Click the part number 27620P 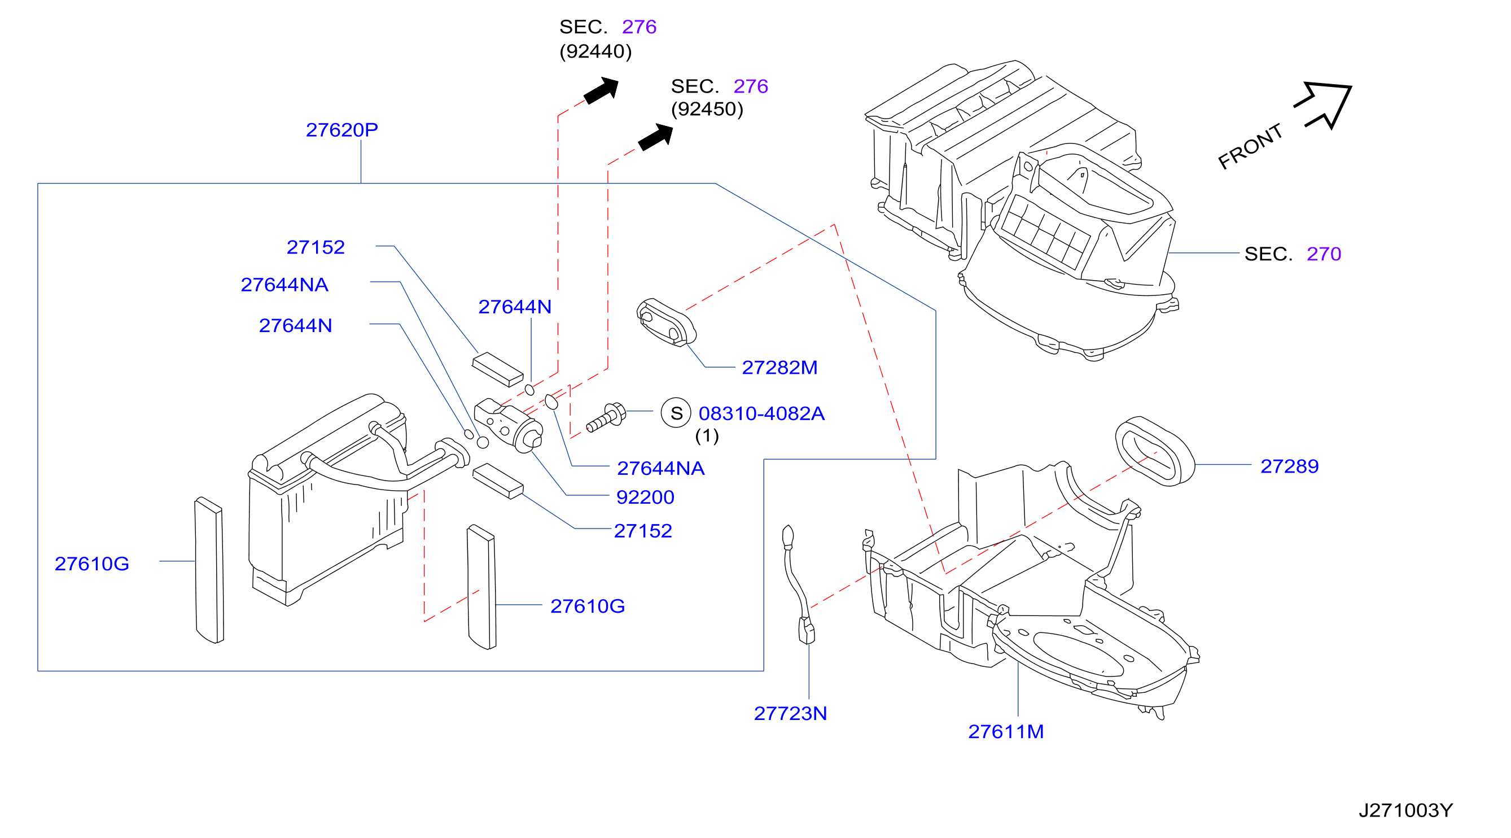click(x=342, y=130)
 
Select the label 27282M click(x=779, y=368)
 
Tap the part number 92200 click(x=645, y=497)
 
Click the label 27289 click(x=1290, y=466)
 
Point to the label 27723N click(x=791, y=714)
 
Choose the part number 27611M click(x=1006, y=732)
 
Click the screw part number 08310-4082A click(x=761, y=414)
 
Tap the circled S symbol click(x=676, y=413)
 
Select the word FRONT click(x=1250, y=147)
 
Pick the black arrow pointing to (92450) click(x=656, y=137)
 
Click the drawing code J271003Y click(x=1405, y=811)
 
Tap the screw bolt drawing click(x=607, y=417)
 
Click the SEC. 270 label click(x=1293, y=254)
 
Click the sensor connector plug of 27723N click(x=807, y=631)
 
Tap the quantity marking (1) click(x=707, y=436)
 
